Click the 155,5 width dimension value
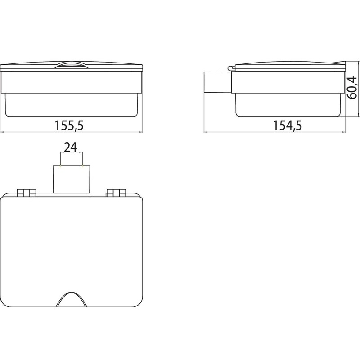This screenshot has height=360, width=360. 69,126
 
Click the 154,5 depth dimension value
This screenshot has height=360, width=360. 287,126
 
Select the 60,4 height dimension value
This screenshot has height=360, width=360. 351,88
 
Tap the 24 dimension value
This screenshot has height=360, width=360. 71,148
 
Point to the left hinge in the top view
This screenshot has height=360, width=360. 27,193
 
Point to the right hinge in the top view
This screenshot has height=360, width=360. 116,193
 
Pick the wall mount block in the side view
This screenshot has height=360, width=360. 218,82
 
